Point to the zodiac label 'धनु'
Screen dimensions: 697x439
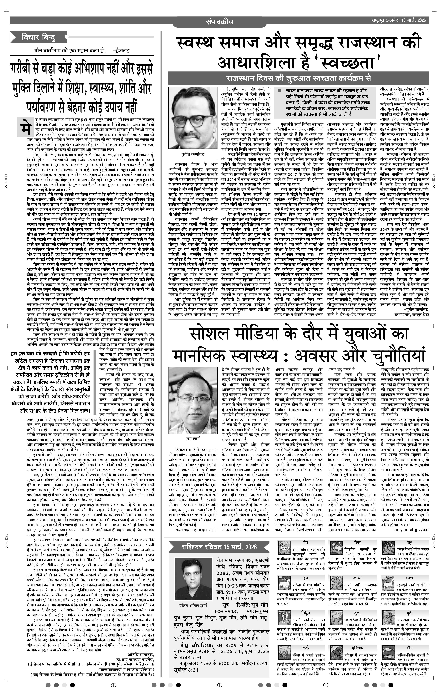click(x=409, y=542)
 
